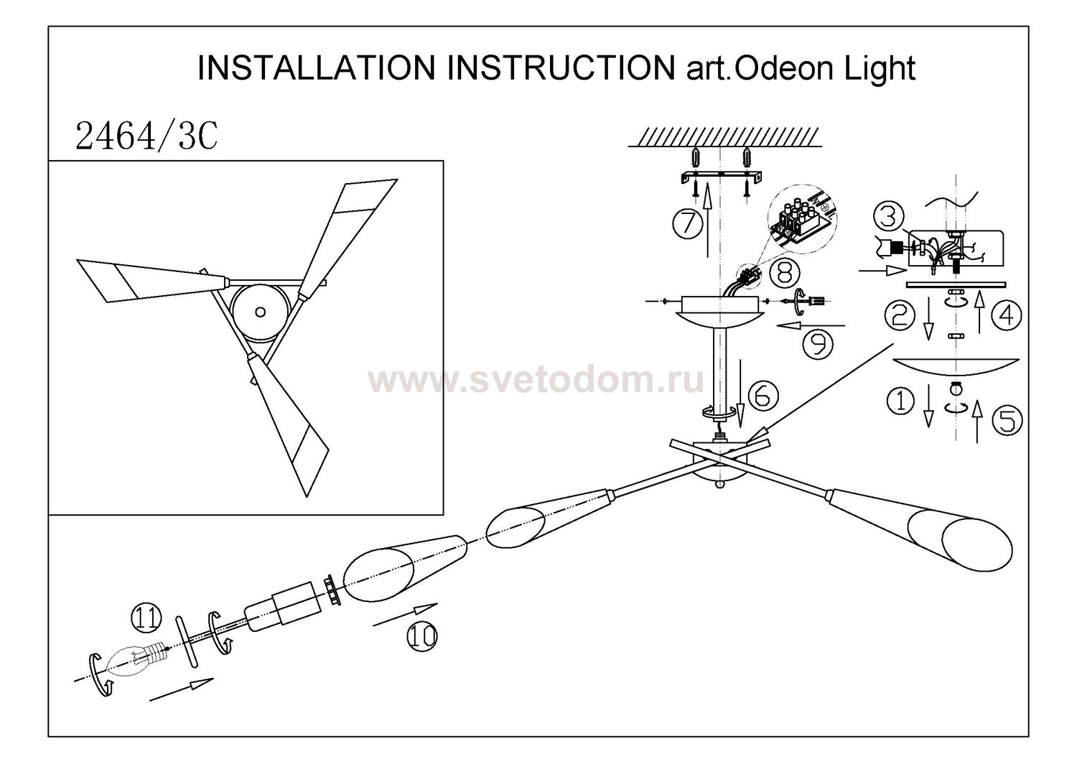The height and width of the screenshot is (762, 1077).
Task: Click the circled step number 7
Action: (x=688, y=223)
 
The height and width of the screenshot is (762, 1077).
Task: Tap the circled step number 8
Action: (x=780, y=271)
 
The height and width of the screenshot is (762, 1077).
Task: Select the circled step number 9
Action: (x=818, y=343)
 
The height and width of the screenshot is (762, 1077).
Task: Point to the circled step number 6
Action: (x=763, y=394)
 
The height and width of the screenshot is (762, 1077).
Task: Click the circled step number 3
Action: (x=887, y=216)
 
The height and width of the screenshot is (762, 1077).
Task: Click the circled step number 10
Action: (x=421, y=635)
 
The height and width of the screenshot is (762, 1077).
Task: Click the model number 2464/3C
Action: (x=146, y=136)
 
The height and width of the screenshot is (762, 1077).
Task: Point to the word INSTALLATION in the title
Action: (x=317, y=68)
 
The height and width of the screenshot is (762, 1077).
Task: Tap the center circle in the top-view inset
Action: (x=260, y=312)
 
